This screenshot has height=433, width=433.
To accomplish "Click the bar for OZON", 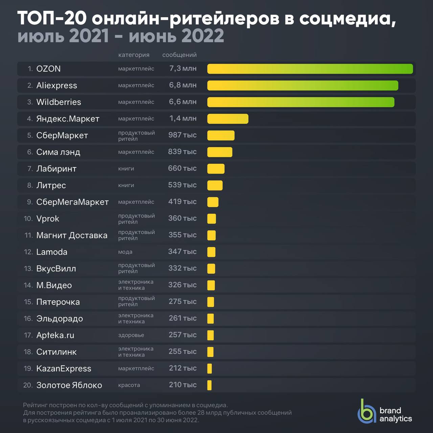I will point(310,69).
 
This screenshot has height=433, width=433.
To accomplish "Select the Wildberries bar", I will point(301,102).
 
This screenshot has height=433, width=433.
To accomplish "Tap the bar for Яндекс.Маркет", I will point(228,119).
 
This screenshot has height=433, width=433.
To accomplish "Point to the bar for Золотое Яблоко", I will point(209,385).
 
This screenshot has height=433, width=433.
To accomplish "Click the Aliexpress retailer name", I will point(56,86).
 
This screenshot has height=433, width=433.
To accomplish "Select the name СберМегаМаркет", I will point(72,202).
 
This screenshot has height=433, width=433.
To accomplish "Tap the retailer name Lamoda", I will point(52,252).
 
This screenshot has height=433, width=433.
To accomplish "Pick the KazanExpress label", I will point(64,369).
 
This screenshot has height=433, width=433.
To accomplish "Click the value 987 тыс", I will point(182,135).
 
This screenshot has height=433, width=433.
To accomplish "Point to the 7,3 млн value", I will point(183,69).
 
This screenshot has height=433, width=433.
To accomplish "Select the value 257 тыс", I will point(182,335).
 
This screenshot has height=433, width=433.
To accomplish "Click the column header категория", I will point(134,55).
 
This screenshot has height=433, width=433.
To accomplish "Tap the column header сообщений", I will point(179,55).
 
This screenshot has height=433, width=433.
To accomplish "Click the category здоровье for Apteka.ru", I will point(131,335).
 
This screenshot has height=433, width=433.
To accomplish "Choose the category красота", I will point(129,385).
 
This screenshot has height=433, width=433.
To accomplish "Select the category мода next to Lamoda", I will point(125,252).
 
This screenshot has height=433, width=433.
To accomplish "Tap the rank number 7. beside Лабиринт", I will point(30,169).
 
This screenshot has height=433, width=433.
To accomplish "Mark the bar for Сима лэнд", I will point(220,152).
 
